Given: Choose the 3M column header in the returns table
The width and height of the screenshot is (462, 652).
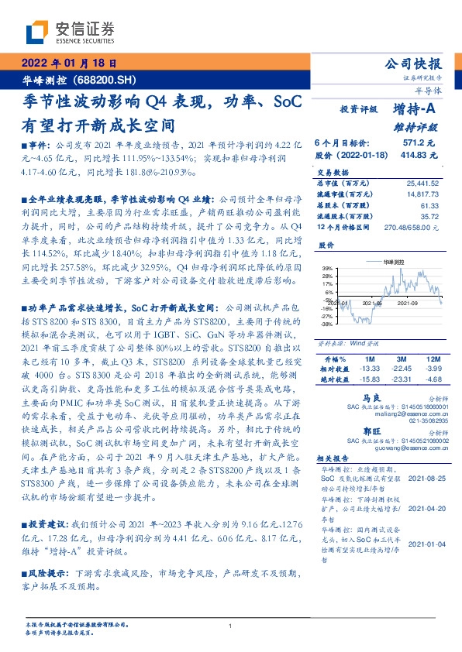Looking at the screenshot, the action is (401, 359).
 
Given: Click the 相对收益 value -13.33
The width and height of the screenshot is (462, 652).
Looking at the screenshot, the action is (367, 369).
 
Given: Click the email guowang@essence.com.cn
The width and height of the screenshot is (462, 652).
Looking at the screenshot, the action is (403, 448).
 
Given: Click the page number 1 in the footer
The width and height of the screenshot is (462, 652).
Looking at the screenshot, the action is (231, 627).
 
